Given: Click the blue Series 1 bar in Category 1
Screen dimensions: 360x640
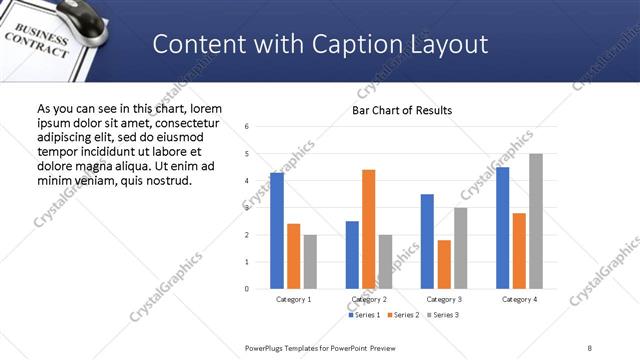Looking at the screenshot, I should point(277,231).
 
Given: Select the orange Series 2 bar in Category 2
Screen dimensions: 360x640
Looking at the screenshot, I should point(368,229).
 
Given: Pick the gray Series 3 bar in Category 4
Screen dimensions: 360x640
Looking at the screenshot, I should point(536,221).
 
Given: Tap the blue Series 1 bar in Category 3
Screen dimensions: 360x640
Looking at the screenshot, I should point(427,241).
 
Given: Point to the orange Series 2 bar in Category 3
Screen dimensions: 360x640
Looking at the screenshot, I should point(444,264).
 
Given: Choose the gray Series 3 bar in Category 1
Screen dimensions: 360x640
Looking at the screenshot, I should point(310,262).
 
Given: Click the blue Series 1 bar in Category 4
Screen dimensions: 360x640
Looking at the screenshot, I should point(502,228).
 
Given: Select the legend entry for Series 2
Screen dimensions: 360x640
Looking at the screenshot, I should point(402,315).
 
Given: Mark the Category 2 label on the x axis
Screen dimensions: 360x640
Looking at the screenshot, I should point(368,299).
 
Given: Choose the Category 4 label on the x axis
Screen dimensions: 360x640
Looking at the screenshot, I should point(519,299).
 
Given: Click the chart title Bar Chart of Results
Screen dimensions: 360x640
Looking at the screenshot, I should point(402,110).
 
